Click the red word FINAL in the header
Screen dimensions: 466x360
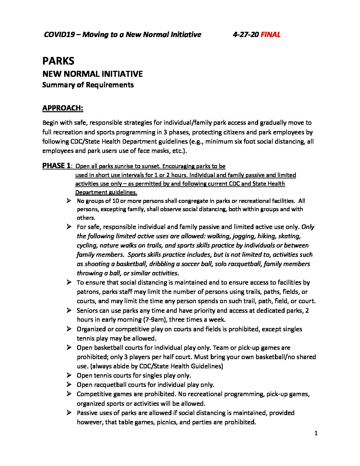click(270, 34)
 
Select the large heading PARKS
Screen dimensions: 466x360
click(58, 61)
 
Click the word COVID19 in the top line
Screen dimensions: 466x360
click(60, 34)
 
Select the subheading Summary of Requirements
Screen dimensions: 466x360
click(88, 85)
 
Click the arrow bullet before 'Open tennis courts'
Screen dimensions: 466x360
click(69, 375)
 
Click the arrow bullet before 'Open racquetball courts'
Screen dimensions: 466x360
click(69, 385)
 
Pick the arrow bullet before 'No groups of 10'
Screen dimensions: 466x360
click(69, 201)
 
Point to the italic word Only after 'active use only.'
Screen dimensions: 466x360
click(308, 227)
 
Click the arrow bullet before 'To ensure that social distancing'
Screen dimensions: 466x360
click(69, 282)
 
